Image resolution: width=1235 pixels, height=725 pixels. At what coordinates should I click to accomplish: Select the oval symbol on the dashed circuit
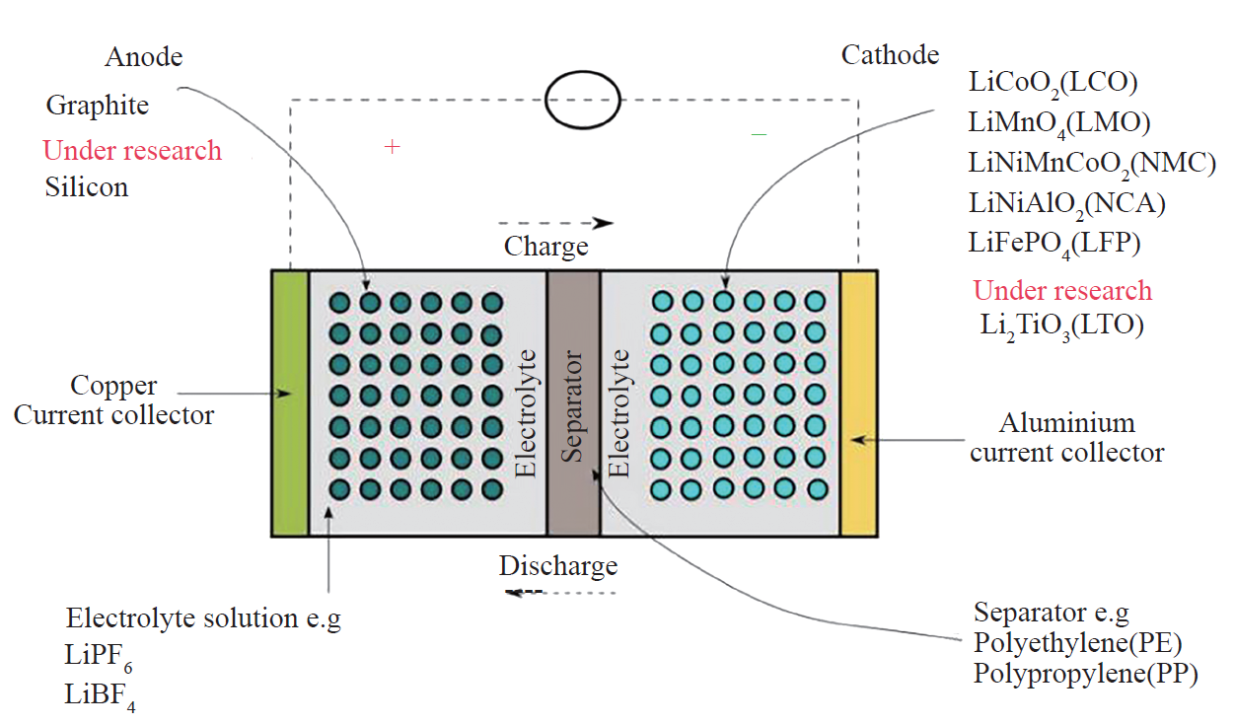583,100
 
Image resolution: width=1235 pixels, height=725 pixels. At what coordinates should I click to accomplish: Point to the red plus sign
392,147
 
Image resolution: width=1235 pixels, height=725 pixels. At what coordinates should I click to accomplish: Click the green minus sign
759,133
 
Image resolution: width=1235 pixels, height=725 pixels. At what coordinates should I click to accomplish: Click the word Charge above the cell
545,246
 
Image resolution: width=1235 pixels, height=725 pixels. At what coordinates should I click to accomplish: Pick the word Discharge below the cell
557,567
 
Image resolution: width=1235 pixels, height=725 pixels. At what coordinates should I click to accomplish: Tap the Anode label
144,57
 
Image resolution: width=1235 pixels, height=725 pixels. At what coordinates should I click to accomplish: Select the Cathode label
890,54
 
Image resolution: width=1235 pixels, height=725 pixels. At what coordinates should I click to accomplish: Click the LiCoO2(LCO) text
1053,83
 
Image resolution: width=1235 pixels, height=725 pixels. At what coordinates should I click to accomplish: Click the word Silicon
87,186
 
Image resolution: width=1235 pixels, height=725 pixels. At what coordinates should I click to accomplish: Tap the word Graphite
98,105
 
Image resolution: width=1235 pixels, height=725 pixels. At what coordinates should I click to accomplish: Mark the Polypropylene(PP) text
1084,675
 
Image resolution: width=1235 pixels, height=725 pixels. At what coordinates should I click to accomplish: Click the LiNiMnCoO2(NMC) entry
1092,163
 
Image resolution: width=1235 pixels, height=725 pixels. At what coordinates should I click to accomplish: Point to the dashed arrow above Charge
555,223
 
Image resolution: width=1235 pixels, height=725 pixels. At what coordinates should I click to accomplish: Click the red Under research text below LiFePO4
1062,291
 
